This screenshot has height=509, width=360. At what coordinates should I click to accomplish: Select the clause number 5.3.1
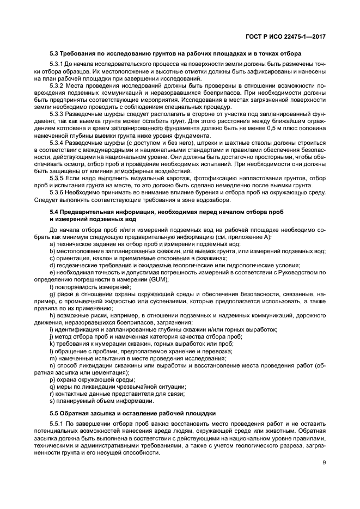coord(57,65)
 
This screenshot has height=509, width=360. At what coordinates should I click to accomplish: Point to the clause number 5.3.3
coord(57,113)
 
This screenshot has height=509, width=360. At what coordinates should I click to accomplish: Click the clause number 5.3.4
coord(57,141)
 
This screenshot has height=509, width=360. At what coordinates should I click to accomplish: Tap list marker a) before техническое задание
coord(52,244)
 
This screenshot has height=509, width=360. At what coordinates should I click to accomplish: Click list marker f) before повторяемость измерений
coord(51,286)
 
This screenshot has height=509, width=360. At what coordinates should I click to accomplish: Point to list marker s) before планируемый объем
coord(52,400)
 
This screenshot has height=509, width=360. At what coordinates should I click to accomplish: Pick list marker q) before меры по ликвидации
coord(52,386)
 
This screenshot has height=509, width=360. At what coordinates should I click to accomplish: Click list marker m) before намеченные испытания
coord(52,358)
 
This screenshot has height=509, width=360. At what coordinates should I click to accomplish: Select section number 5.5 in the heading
coord(54,414)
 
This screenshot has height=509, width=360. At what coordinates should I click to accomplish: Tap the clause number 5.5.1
coord(57,425)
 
